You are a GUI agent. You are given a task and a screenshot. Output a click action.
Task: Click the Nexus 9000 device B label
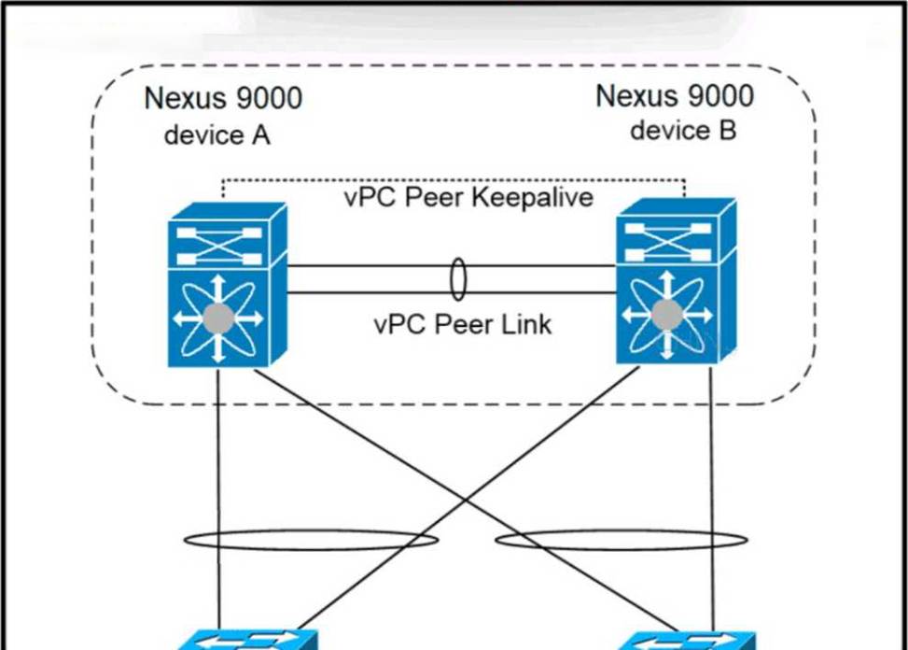pos(674,112)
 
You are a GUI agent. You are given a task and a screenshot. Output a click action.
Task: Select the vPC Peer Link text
pos(462,324)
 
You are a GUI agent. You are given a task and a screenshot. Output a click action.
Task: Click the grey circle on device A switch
pos(218,318)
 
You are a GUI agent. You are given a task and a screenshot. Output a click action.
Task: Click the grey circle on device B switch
pos(665,315)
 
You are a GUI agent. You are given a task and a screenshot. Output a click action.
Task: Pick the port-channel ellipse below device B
pos(621,540)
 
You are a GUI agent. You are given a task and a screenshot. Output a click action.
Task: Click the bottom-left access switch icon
pos(247,641)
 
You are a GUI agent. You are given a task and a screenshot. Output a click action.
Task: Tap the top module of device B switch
pos(674,231)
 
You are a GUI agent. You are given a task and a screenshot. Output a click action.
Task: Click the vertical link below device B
pos(712,486)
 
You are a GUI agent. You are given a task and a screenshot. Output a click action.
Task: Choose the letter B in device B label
pos(727,130)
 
